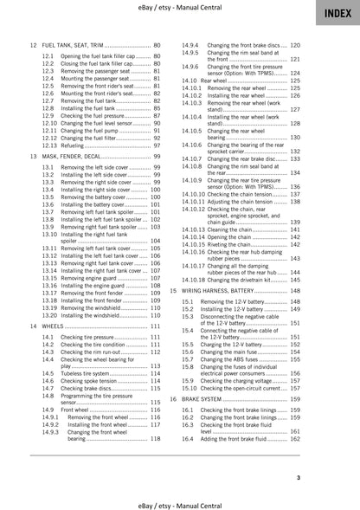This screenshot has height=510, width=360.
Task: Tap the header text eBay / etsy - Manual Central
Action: coord(179,8)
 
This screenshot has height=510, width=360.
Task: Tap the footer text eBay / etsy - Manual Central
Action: coord(179,501)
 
